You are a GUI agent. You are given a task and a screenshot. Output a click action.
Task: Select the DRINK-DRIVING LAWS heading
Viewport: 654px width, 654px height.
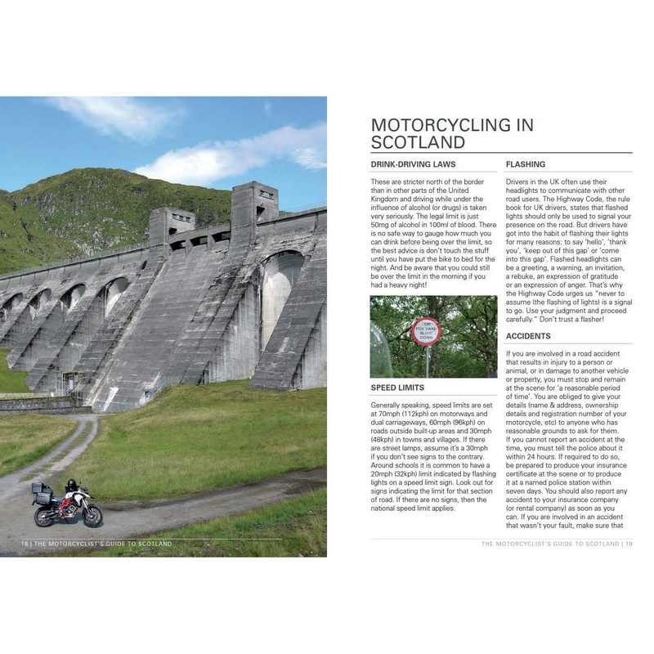413,164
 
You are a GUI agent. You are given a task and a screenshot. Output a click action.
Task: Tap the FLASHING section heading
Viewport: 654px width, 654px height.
526,164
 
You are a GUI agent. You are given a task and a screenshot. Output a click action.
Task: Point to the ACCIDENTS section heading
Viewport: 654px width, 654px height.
528,336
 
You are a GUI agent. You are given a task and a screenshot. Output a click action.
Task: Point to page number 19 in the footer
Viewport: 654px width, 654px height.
628,544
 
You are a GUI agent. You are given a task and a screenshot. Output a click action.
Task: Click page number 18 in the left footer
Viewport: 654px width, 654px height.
25,544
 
